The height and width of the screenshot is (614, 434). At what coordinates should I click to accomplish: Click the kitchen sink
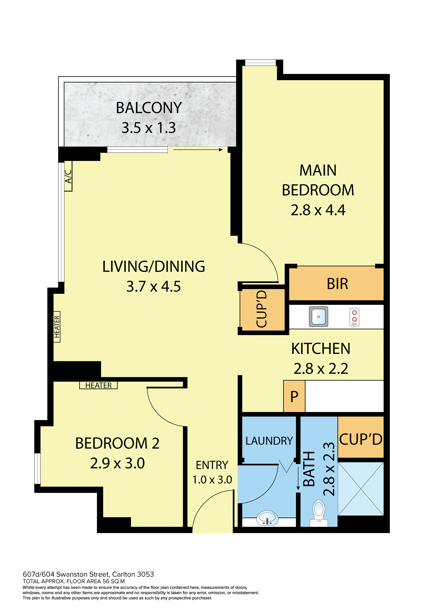(x=319, y=317)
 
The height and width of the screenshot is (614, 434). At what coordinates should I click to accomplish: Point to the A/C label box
(x=68, y=176)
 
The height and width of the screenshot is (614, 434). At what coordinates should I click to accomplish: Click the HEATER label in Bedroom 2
(x=98, y=385)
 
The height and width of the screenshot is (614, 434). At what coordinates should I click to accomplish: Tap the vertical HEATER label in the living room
(x=57, y=327)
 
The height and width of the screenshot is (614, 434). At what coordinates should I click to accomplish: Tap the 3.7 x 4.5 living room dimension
(x=154, y=286)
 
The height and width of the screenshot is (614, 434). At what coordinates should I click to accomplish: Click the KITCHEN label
(x=321, y=349)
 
